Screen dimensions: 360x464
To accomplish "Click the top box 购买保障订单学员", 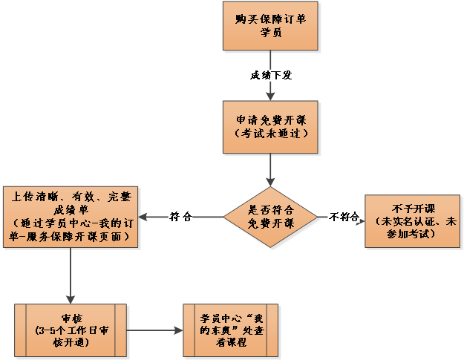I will pyautogui.click(x=270, y=25).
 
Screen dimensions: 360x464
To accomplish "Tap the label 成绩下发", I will pyautogui.click(x=270, y=75).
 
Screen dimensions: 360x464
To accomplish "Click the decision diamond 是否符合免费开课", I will pyautogui.click(x=270, y=217).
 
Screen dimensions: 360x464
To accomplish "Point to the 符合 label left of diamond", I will pyautogui.click(x=181, y=217).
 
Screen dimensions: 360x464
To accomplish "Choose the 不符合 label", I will pyautogui.click(x=344, y=217).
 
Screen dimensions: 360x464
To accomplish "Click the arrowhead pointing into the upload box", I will pyautogui.click(x=146, y=217).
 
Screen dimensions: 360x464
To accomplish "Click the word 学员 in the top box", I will pyautogui.click(x=270, y=33).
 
